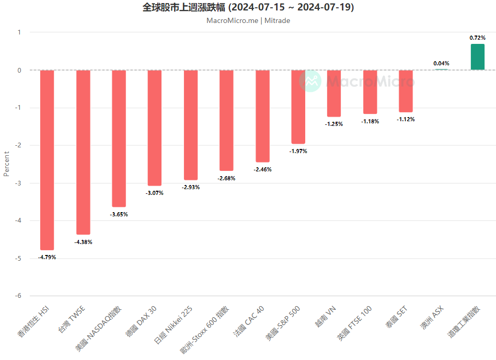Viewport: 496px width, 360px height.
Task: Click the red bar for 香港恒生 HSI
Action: point(47,160)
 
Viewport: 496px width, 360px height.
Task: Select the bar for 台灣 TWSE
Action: point(83,152)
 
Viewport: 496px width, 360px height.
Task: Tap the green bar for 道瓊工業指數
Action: point(477,57)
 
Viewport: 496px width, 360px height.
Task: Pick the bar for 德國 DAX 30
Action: point(155,127)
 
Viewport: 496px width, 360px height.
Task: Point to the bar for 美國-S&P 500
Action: point(298,107)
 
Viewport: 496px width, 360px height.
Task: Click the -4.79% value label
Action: point(47,257)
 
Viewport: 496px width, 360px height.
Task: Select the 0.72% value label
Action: point(477,38)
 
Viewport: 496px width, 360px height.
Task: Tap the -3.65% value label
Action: point(119,214)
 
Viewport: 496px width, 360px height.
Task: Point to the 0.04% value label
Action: point(441,63)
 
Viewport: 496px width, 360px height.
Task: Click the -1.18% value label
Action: point(370,121)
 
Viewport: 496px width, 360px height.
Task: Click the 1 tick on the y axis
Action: point(19,32)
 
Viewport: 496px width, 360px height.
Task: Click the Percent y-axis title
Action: point(7,164)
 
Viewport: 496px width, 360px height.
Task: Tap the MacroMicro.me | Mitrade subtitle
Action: point(248,21)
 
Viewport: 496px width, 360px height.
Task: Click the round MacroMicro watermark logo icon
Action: point(310,81)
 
